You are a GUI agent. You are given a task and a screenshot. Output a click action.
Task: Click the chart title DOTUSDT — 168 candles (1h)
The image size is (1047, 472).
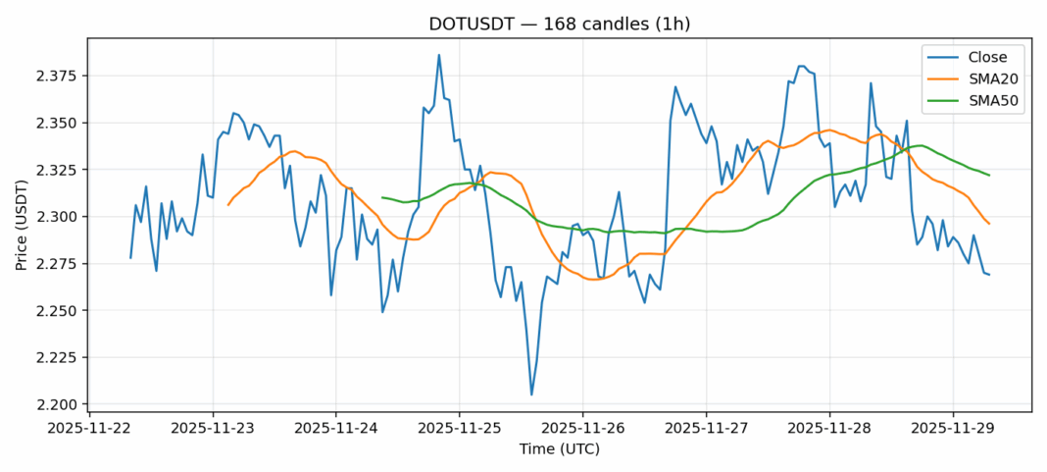click(559, 24)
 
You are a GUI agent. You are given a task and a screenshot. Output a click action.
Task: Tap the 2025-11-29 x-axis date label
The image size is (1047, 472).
click(952, 428)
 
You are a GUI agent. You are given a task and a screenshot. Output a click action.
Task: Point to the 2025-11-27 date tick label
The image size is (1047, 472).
click(706, 428)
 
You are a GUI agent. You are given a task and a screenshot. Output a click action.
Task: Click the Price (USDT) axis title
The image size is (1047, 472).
click(22, 225)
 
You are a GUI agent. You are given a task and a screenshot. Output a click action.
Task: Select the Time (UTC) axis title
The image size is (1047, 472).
click(559, 449)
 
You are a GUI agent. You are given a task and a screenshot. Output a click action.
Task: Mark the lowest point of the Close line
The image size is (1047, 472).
click(531, 394)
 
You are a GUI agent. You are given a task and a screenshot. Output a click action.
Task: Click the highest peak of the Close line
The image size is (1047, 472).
click(439, 55)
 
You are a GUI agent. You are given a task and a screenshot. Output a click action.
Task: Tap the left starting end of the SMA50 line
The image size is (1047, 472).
click(382, 197)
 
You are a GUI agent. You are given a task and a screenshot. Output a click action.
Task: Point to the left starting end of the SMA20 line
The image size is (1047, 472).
click(228, 204)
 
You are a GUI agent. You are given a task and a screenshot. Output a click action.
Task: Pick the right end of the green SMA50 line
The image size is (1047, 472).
click(989, 176)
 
